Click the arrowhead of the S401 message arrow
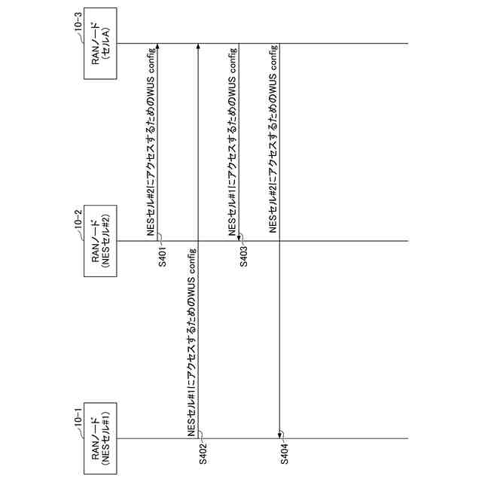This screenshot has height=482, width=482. pyautogui.click(x=157, y=47)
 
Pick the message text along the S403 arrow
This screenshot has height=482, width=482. pyautogui.click(x=232, y=143)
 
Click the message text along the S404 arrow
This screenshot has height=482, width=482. pyautogui.click(x=273, y=143)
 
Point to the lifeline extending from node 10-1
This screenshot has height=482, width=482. pyautogui.click(x=339, y=438)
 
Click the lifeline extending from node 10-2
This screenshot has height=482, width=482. pyautogui.click(x=339, y=241)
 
